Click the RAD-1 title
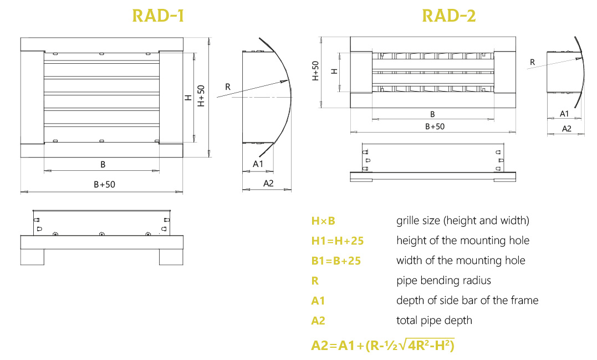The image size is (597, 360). pyautogui.click(x=158, y=16)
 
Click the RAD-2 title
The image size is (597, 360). pyautogui.click(x=449, y=16)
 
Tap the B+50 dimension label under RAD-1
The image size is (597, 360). pyautogui.click(x=104, y=184)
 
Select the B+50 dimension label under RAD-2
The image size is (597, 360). pyautogui.click(x=435, y=126)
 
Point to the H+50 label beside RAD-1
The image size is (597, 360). pyautogui.click(x=201, y=95)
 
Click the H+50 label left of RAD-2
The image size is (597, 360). pyautogui.click(x=315, y=71)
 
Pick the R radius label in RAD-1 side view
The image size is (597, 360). pyautogui.click(x=228, y=87)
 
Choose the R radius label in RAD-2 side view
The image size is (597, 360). pyautogui.click(x=532, y=62)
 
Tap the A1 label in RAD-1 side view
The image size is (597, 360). pyautogui.click(x=258, y=164)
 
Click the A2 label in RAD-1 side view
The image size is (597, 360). pyautogui.click(x=268, y=184)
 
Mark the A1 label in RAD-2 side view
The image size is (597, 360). pyautogui.click(x=564, y=114)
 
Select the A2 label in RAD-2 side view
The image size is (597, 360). pyautogui.click(x=567, y=129)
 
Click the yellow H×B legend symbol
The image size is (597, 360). pyautogui.click(x=323, y=221)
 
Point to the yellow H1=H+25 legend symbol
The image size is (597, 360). pyautogui.click(x=338, y=241)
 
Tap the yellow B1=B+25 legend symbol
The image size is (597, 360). pyautogui.click(x=336, y=261)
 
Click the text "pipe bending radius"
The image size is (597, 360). pyautogui.click(x=443, y=281)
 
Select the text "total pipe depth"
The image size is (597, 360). pyautogui.click(x=434, y=321)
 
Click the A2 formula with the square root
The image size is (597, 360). pyautogui.click(x=382, y=345)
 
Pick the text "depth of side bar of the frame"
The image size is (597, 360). pyautogui.click(x=467, y=300)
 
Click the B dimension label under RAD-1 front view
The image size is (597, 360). pyautogui.click(x=103, y=165)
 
